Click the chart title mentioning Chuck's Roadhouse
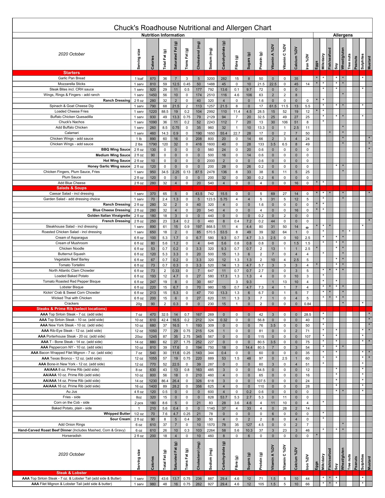(x=192, y=28)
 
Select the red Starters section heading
(x=72, y=73)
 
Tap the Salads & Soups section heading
(x=72, y=188)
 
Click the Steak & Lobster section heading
(x=72, y=473)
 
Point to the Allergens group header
(x=343, y=35)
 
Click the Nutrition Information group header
(x=163, y=35)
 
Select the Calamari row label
(x=72, y=133)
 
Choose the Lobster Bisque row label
(x=72, y=287)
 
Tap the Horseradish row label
(x=72, y=436)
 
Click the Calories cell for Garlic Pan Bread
(x=153, y=79)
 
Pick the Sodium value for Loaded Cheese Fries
(x=211, y=111)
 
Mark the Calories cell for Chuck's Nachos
(x=153, y=122)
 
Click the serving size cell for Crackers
(x=139, y=304)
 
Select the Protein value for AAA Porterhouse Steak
(x=261, y=336)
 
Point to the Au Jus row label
(x=72, y=391)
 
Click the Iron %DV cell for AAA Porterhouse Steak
(x=307, y=336)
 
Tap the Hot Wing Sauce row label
(x=116, y=161)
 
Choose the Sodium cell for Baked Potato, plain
(x=211, y=408)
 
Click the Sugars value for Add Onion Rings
(x=249, y=425)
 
